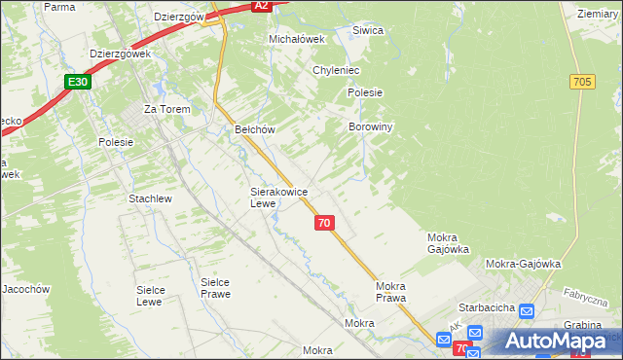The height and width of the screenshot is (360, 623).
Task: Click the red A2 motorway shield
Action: point(260,6)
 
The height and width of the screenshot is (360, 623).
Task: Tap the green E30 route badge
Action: point(80,83)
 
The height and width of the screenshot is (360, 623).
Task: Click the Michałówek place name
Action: point(295,39)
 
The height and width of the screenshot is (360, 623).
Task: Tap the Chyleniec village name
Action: point(337,70)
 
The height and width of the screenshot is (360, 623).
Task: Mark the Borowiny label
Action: point(370,127)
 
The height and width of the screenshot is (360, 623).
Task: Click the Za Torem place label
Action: point(165,109)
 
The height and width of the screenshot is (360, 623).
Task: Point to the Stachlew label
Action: point(150,198)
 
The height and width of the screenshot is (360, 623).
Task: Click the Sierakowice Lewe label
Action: point(279,198)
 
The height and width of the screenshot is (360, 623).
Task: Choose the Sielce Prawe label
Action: point(214,288)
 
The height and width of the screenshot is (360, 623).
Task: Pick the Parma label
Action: point(59,7)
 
